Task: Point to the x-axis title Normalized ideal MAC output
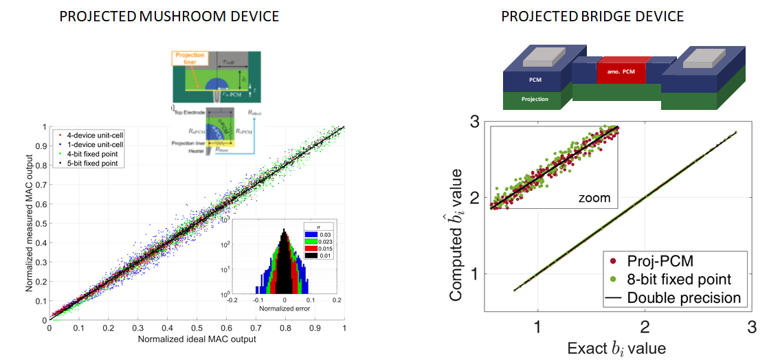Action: click(197, 339)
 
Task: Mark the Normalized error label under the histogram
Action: click(285, 308)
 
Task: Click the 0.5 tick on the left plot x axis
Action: click(197, 328)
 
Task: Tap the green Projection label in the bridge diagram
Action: click(535, 100)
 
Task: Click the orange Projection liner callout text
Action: click(186, 58)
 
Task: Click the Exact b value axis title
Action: click(616, 348)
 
